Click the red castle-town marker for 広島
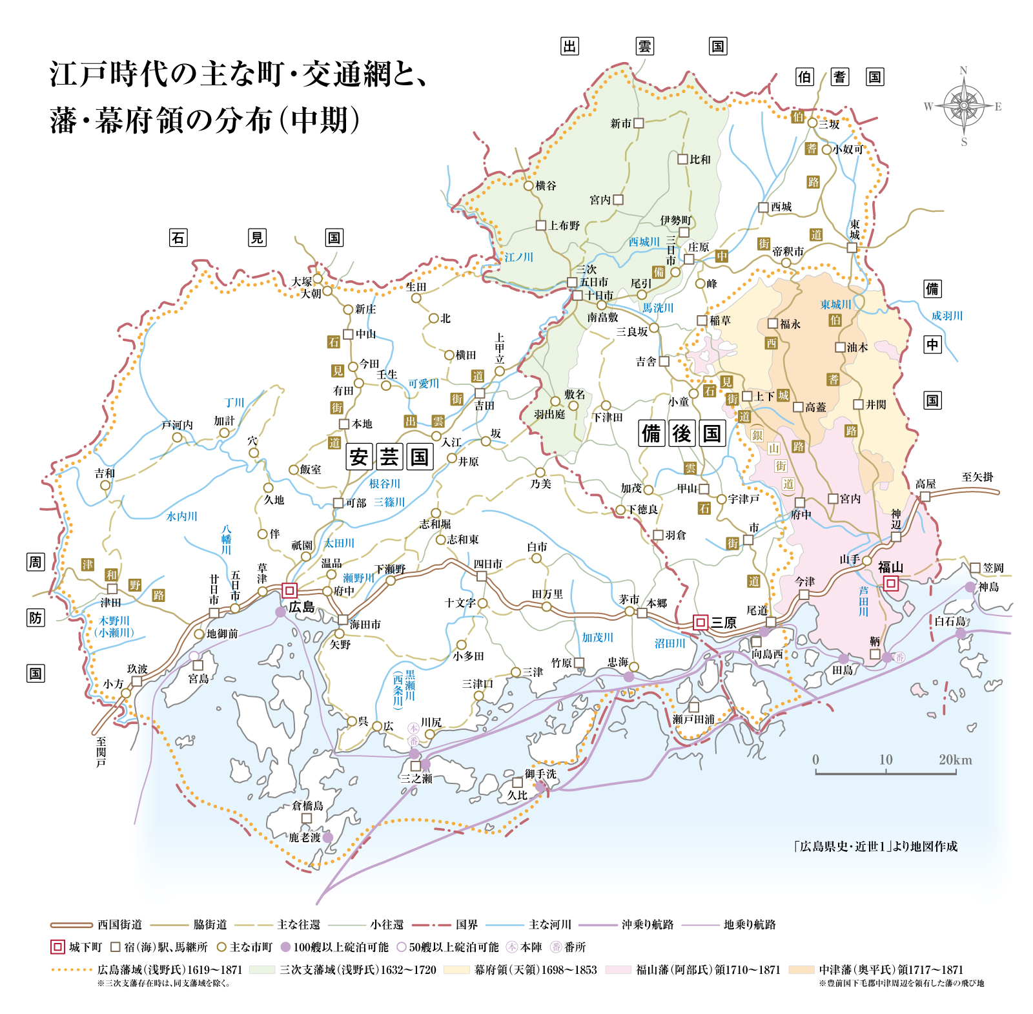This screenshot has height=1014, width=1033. coord(289,590)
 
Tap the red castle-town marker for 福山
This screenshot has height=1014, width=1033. coord(891,584)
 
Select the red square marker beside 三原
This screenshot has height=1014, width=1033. coord(700,622)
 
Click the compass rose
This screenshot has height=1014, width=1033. coord(963,105)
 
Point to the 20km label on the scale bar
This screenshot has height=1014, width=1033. coord(955,760)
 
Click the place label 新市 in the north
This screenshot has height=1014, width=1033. coord(620,123)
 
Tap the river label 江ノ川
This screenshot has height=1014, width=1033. coord(518,257)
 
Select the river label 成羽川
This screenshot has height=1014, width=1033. coord(946,316)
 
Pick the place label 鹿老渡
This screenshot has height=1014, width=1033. coord(305,838)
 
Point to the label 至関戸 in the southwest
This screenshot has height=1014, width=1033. coord(101,752)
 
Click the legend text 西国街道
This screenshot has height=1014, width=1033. coord(120,925)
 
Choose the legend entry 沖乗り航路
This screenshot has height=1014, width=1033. coord(647,925)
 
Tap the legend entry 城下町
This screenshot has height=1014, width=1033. coord(85,947)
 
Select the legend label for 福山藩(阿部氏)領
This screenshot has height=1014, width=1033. coord(708,969)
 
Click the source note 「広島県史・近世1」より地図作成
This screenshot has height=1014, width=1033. coord(875,846)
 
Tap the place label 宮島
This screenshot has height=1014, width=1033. coord(199,679)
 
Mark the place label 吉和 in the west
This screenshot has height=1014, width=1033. coord(105,473)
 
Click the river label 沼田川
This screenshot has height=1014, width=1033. coord(670,643)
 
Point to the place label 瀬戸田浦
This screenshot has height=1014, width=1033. coord(693,719)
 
